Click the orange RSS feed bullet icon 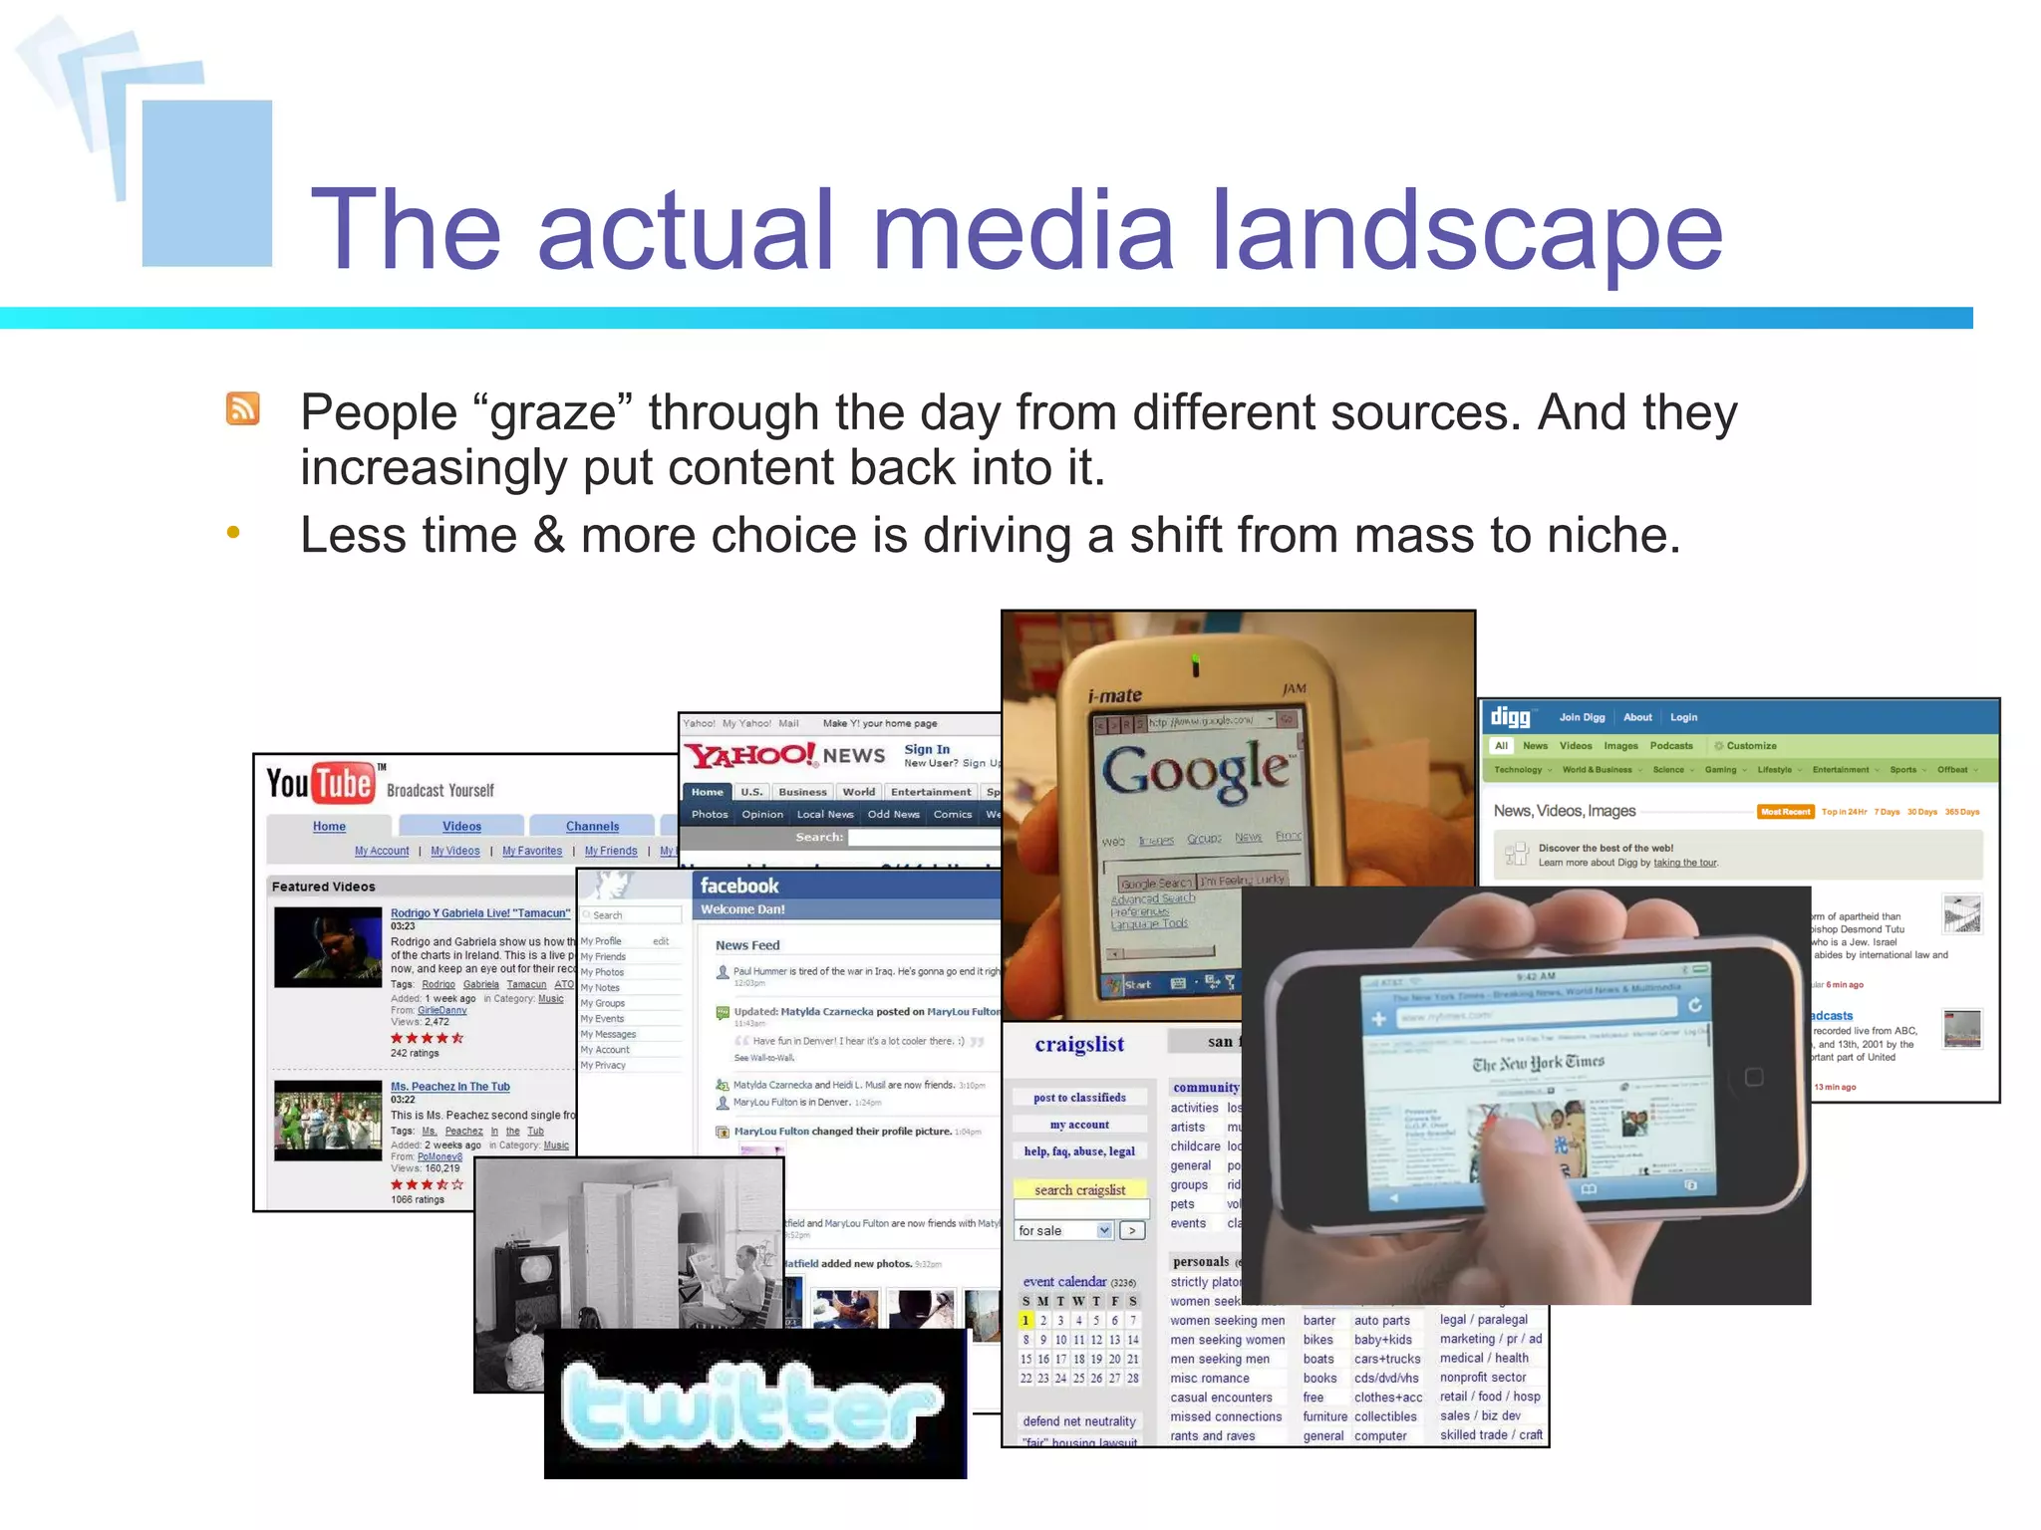click(243, 408)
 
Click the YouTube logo click(320, 783)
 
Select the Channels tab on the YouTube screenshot click(592, 826)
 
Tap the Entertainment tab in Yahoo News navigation click(930, 792)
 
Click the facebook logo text click(738, 886)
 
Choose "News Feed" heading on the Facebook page click(747, 945)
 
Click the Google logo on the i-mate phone click(1195, 769)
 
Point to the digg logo click(1510, 717)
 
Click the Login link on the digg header click(1683, 717)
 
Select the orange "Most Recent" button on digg click(1784, 812)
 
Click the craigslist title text click(1078, 1044)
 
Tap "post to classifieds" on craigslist click(1079, 1098)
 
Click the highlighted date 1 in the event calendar click(1024, 1321)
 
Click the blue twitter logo click(752, 1405)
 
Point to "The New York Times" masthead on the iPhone click(1538, 1063)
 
